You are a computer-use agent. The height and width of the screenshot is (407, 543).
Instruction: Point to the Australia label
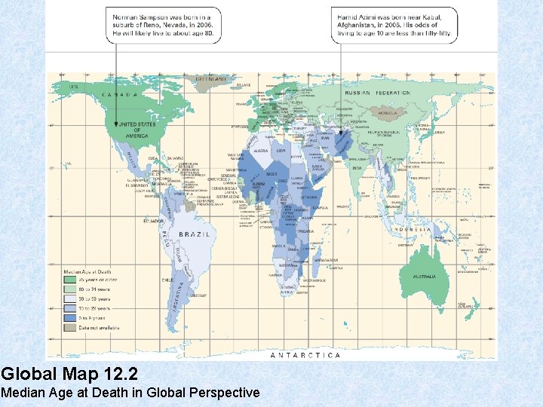[424, 277]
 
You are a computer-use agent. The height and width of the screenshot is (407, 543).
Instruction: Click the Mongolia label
[387, 113]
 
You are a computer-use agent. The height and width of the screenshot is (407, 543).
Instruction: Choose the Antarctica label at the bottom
[305, 354]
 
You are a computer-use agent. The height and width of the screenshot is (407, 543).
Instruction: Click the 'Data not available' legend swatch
[68, 327]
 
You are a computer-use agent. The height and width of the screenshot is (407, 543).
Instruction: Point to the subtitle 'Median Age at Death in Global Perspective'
[130, 393]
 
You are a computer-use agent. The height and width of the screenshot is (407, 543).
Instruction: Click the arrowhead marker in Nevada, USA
[115, 124]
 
